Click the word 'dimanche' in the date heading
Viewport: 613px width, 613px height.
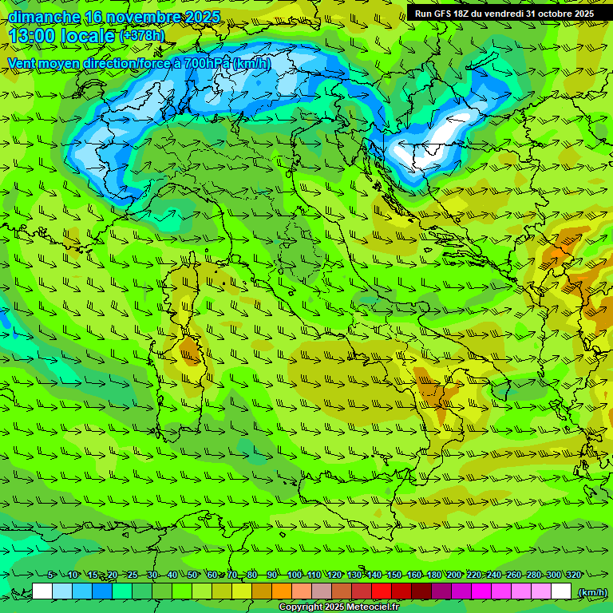pos(44,18)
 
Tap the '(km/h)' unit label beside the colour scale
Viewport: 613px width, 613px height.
pos(591,592)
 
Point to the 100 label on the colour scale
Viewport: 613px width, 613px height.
pos(294,575)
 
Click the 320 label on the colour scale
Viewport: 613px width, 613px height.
pos(573,575)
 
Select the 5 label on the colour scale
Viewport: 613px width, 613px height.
pos(50,575)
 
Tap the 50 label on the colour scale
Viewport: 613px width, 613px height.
pos(192,575)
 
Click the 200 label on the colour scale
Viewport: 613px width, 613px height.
pos(453,575)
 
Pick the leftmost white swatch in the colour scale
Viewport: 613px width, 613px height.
pos(42,591)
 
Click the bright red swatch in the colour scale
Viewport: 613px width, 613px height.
pos(382,591)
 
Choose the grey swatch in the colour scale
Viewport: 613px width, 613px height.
pos(322,591)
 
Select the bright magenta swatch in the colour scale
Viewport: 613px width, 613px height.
pos(481,591)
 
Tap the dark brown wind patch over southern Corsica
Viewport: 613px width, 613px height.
pos(191,350)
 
